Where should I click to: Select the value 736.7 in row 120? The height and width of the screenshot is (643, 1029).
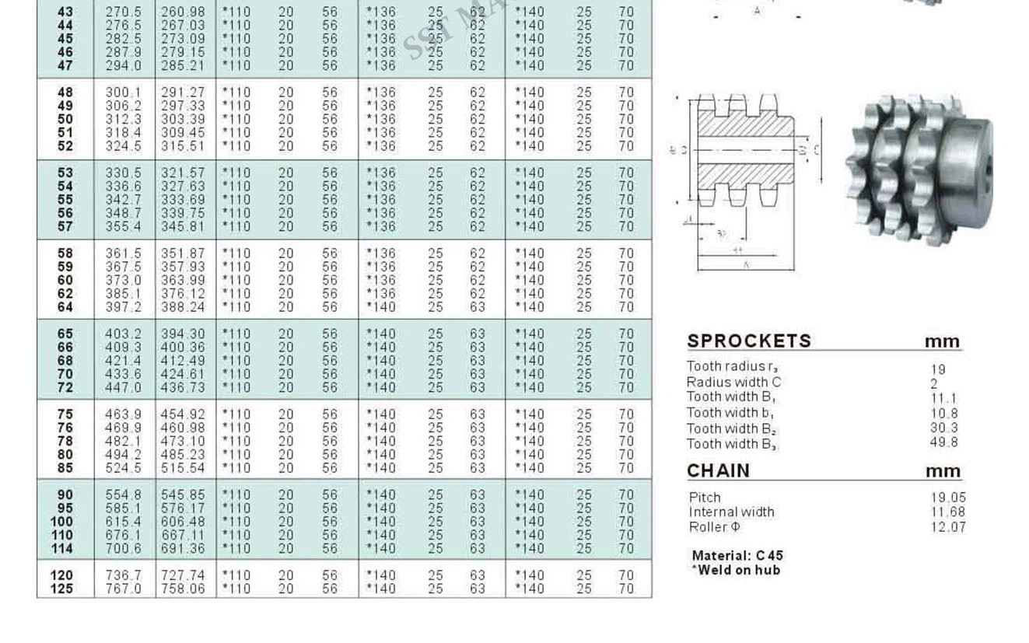[x=124, y=575]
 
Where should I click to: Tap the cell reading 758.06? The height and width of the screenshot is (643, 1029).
[x=183, y=589]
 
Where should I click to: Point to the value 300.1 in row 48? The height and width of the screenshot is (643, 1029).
[x=124, y=93]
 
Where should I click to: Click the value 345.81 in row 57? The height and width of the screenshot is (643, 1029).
[x=183, y=226]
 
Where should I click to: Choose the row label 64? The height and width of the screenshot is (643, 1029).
[x=65, y=307]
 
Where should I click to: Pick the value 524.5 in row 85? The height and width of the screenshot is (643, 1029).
[x=124, y=468]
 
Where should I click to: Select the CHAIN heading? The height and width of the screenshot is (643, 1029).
[x=718, y=470]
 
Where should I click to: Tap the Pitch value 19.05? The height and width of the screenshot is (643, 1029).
[x=947, y=498]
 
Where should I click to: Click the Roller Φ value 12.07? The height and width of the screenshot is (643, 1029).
[x=947, y=527]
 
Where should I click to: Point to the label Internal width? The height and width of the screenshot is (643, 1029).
[x=731, y=512]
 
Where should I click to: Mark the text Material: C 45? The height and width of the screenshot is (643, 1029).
[x=737, y=556]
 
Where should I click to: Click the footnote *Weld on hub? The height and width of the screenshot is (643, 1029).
[x=735, y=570]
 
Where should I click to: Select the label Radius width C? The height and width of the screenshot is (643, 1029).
[x=733, y=382]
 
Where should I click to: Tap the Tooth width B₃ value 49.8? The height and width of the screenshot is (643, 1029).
[x=943, y=442]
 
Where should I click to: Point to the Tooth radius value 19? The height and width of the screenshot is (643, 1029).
[x=937, y=370]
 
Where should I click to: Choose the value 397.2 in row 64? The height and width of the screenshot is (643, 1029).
[x=124, y=307]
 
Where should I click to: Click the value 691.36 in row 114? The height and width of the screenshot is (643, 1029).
[x=183, y=548]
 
